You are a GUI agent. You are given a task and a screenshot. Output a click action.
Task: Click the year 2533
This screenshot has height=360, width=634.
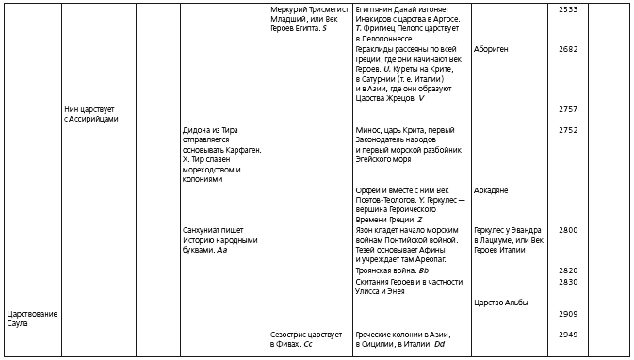pos(568,8)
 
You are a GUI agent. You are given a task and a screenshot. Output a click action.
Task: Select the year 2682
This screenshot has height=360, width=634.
pos(568,48)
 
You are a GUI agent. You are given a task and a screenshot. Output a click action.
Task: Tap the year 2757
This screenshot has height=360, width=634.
pos(568,109)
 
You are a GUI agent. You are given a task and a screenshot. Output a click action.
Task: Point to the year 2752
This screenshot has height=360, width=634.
pos(568,130)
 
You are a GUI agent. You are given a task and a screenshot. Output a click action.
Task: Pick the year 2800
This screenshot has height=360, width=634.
pos(568,229)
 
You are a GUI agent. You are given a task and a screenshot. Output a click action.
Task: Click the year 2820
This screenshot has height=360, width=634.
pos(568,270)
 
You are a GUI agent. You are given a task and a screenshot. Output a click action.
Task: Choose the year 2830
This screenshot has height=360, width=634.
pos(568,281)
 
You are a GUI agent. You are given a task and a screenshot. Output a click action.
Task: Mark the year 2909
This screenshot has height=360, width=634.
pos(568,313)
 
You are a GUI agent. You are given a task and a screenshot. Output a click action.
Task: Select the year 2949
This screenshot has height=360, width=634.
pos(568,334)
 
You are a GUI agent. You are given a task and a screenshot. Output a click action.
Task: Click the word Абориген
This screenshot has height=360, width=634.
pos(493,48)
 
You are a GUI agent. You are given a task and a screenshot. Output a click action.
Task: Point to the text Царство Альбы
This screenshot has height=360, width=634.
pos(501,302)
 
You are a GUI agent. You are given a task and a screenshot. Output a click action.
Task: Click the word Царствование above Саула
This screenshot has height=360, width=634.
pos(32,313)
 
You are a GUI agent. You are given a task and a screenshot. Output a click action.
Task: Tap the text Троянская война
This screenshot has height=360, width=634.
pos(385,270)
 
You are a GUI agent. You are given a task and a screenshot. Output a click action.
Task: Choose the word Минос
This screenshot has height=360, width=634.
pos(369,130)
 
